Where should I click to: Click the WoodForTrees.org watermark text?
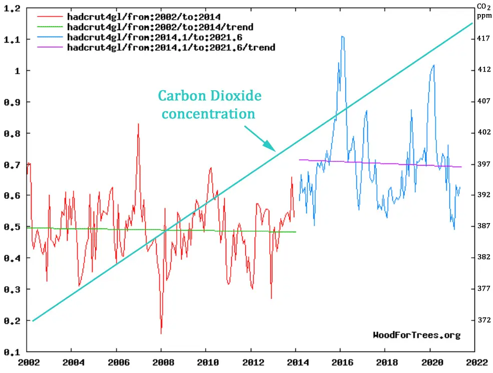tap(416, 335)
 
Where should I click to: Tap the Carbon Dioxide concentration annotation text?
tap(209, 104)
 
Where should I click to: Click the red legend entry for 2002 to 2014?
tap(144, 17)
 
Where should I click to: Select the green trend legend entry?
tap(160, 27)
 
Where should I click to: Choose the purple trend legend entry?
tap(171, 47)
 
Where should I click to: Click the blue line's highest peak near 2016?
tap(342, 37)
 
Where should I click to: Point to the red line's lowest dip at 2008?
tap(161, 333)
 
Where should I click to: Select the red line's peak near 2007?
tap(138, 124)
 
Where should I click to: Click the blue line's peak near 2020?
tap(433, 65)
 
